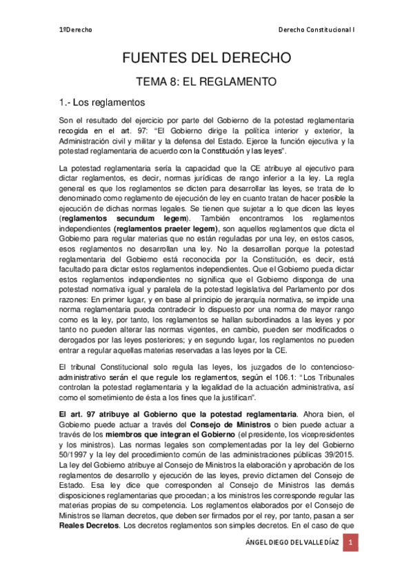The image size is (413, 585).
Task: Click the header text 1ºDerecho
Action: [75, 30]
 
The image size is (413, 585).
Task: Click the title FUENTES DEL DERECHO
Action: [206, 57]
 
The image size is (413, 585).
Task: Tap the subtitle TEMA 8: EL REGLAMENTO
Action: [206, 82]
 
